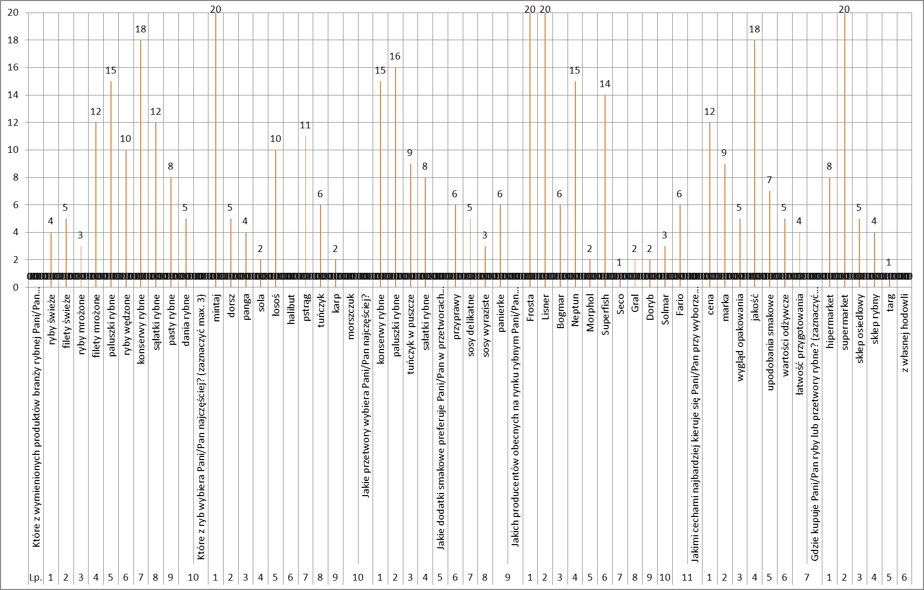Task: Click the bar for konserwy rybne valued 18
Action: coord(141,156)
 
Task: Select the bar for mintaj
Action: coord(216,146)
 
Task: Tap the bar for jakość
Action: coord(755,156)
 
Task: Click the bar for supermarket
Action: coord(845,146)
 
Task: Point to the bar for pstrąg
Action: coord(305,209)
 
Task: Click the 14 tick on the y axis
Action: coord(13,95)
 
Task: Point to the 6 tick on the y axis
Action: coord(16,205)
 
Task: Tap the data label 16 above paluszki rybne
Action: coord(395,56)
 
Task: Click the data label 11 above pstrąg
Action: coord(305,125)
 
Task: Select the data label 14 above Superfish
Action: coord(605,84)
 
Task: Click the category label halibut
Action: coord(291,309)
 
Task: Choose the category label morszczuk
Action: coord(351,316)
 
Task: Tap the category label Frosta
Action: coord(531,308)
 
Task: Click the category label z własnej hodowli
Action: coord(905,333)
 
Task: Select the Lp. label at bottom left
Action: coord(35,577)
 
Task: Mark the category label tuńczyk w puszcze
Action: coord(411,334)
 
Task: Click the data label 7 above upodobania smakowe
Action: coord(769,180)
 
